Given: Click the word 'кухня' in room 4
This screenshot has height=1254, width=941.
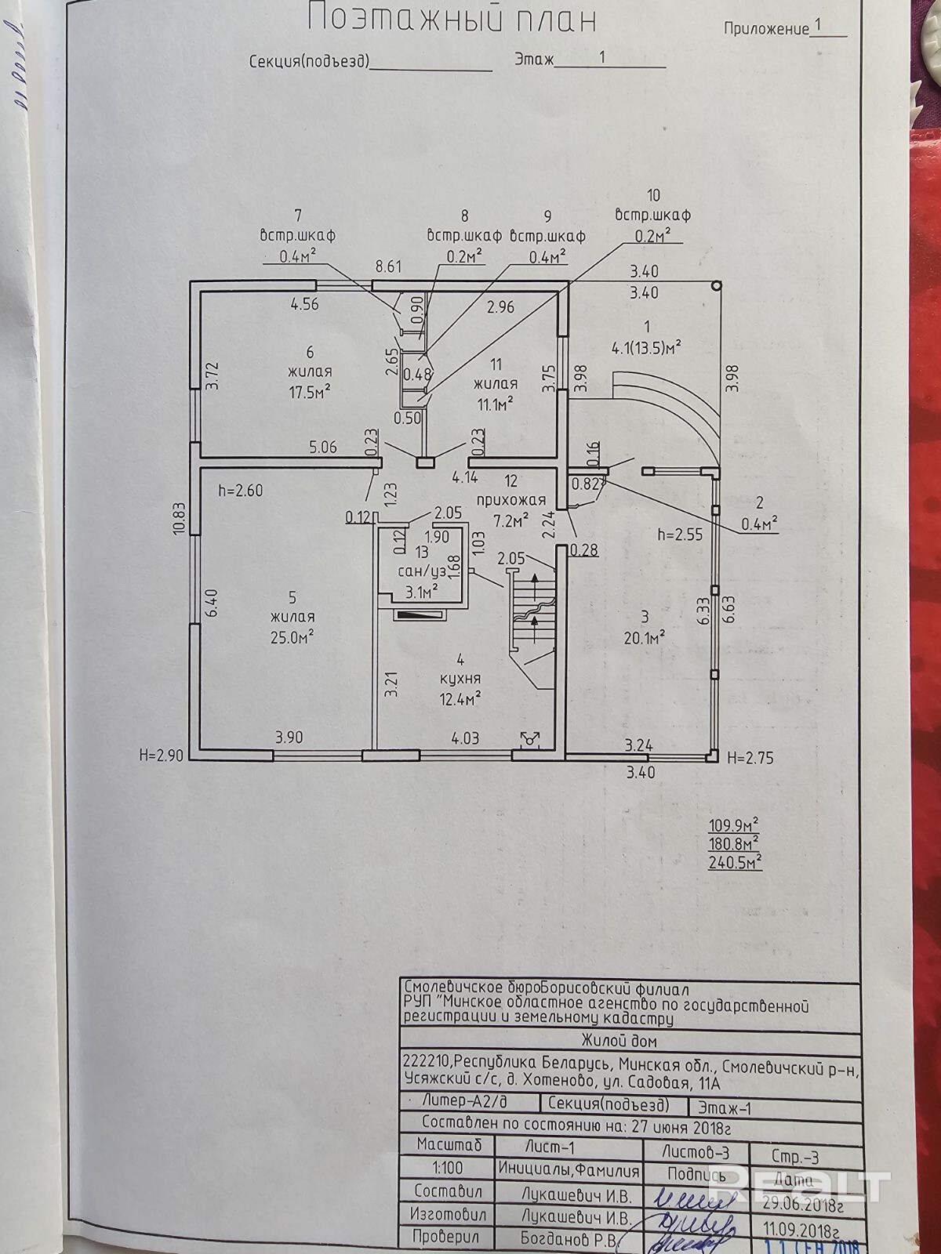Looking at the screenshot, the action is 460,679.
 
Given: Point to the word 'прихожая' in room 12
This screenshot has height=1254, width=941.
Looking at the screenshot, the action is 510,500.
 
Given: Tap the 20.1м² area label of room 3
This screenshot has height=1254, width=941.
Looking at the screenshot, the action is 645,636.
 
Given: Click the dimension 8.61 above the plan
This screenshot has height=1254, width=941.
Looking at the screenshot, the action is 389,266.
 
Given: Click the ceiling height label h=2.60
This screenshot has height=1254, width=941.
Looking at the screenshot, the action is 241,491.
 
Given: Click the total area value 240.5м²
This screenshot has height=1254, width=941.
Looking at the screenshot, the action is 734,862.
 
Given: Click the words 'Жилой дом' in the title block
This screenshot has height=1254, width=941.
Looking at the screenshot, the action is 619,1042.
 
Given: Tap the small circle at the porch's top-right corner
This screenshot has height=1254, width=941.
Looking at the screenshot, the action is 717,287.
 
